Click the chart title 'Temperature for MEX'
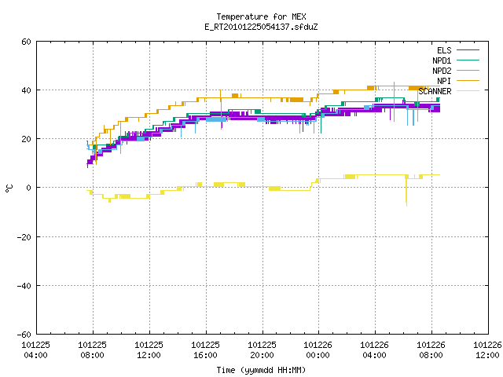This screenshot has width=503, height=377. point(261,16)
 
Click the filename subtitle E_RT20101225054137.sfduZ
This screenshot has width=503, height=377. point(261,27)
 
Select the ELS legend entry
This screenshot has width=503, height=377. point(458,50)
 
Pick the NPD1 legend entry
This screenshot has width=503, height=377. point(456,60)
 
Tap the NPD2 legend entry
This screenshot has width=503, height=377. point(456,71)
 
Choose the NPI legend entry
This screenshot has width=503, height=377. point(458,81)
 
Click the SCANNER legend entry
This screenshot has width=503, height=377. point(449,91)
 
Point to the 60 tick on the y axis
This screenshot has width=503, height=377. point(26,42)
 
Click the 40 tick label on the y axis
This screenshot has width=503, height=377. point(26,90)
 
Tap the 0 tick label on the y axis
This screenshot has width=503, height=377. point(29,188)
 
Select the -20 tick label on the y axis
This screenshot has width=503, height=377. point(24,237)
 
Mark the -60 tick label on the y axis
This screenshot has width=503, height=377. point(24,335)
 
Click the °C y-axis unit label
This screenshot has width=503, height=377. point(9,188)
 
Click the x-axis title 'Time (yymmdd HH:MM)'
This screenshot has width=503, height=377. point(261,370)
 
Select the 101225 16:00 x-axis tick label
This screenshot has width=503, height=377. point(206,350)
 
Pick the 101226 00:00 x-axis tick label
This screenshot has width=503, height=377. point(318,350)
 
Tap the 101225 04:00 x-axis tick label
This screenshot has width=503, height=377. point(35,350)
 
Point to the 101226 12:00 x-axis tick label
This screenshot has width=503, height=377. point(487,350)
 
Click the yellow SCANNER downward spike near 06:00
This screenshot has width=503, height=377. point(406,192)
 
